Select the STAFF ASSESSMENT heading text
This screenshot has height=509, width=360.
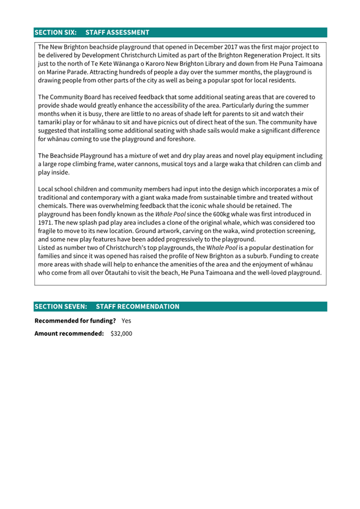click(x=117, y=33)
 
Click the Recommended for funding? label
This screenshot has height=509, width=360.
click(x=75, y=321)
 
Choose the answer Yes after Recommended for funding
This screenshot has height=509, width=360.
click(x=126, y=321)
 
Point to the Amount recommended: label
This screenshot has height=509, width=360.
click(x=69, y=334)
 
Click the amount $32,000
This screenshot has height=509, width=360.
click(x=121, y=334)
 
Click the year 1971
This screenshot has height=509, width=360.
click(x=45, y=222)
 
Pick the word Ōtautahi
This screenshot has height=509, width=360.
click(x=132, y=273)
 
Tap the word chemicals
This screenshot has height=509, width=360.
click(x=55, y=206)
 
